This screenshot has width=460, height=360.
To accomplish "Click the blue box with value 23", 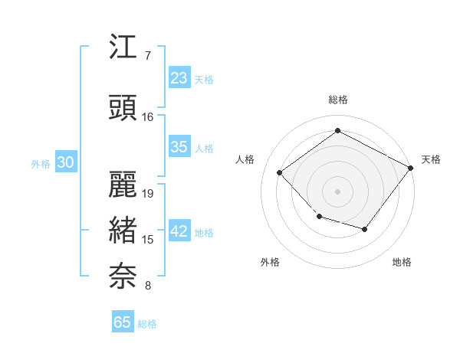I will tap(179, 78).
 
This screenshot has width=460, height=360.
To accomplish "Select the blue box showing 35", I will tap(179, 147).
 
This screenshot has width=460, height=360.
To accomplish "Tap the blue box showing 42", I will tap(179, 231).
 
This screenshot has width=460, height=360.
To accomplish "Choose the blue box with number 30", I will tap(65, 163).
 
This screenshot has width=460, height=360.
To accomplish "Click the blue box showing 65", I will tap(123, 322).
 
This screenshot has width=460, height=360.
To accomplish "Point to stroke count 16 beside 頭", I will tap(148, 117).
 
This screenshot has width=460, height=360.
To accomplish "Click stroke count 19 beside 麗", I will tap(149, 193).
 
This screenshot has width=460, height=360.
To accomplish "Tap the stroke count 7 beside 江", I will tap(147, 56).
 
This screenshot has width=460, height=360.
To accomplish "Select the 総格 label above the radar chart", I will tap(337, 100).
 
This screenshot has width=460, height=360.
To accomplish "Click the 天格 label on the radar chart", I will tap(431, 159).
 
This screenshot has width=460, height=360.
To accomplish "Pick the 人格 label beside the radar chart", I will tap(245, 159).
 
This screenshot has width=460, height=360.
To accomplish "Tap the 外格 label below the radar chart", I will tap(270, 262).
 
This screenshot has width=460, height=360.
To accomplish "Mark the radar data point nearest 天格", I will tap(410, 169).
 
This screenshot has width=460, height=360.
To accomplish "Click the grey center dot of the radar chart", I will tap(337, 191).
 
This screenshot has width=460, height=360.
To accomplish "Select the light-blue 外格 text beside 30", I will tap(41, 164).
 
